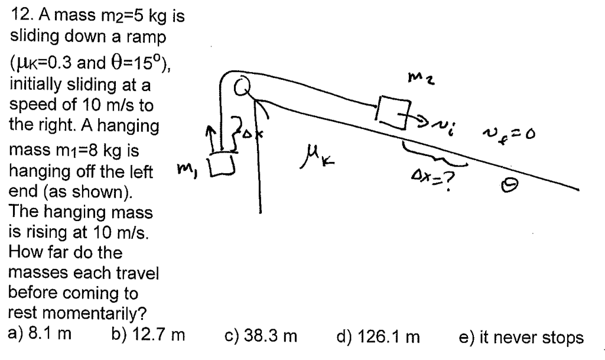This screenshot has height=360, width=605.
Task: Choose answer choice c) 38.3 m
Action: (x=261, y=337)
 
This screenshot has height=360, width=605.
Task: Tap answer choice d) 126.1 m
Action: (x=378, y=337)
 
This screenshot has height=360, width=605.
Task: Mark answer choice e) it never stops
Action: (x=521, y=337)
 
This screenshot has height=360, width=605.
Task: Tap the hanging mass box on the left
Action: (x=223, y=163)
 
